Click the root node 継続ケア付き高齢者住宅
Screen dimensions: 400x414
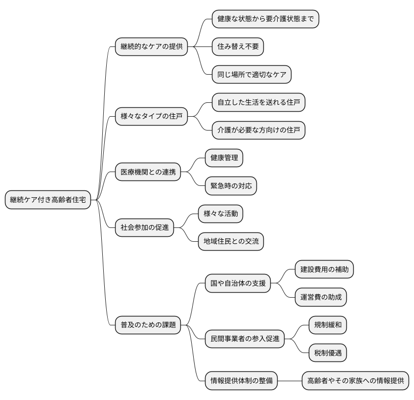click(48, 200)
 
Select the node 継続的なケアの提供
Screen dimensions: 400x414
click(151, 47)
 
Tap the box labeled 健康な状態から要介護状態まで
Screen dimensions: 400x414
click(265, 19)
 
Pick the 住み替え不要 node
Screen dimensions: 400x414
click(238, 47)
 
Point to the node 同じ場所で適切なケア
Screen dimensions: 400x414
click(251, 75)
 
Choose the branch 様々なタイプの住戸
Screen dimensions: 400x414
click(151, 117)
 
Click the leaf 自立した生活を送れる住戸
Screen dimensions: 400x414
click(258, 103)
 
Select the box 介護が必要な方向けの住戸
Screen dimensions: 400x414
click(258, 131)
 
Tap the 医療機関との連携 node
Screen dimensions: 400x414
click(148, 173)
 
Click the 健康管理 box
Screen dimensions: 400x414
click(224, 158)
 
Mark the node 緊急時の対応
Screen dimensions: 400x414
click(231, 186)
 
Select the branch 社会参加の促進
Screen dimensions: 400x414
click(144, 228)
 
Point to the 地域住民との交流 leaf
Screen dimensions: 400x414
click(231, 242)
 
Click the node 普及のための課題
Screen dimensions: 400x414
click(148, 325)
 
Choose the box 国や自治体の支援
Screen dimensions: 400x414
click(238, 284)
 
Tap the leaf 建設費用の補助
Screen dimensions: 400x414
click(324, 269)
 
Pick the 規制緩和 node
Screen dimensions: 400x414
click(328, 325)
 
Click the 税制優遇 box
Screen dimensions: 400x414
click(328, 353)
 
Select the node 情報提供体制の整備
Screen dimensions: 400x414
click(242, 381)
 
